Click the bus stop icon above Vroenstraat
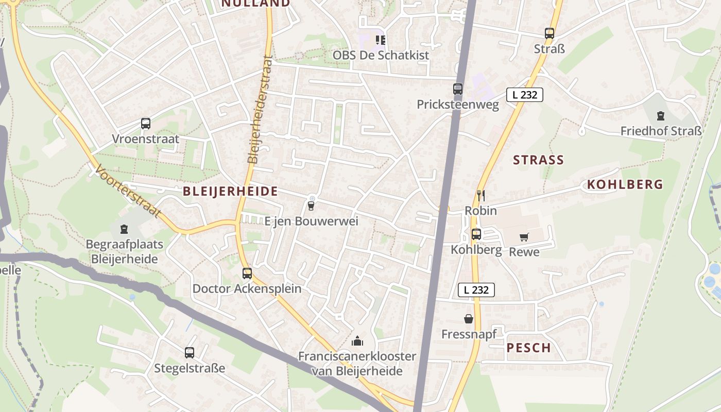point(146,124)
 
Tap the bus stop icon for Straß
point(550,33)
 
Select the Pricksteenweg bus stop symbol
point(458,89)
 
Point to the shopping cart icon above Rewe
point(524,237)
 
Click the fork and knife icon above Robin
point(481,195)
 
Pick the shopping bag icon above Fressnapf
point(469,319)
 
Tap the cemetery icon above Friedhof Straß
point(661,116)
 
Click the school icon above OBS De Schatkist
point(381,40)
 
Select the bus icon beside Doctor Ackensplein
point(247,273)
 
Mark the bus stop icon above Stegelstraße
point(190,353)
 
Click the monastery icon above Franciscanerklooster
point(357,340)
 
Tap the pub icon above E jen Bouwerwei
point(311,205)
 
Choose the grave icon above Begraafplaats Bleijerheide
point(124,229)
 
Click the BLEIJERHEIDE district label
point(230,192)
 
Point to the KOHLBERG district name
point(625,184)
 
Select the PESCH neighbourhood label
point(528,348)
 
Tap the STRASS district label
point(538,160)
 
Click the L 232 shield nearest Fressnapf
point(476,290)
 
